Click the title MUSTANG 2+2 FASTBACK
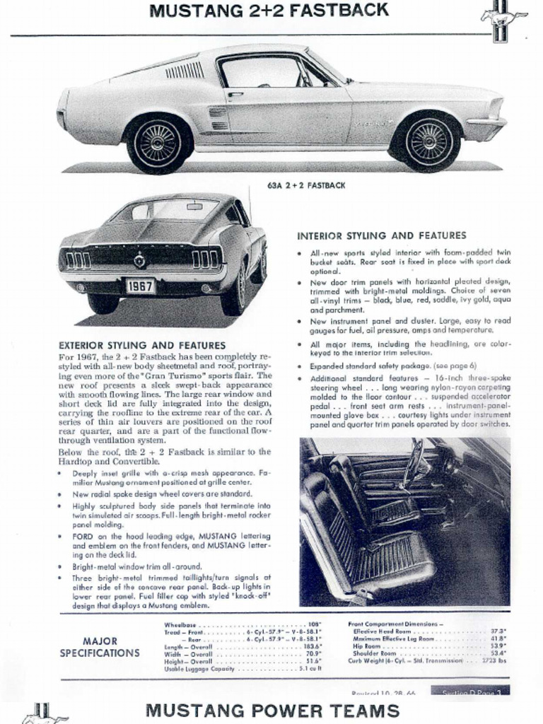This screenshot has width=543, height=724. (269, 11)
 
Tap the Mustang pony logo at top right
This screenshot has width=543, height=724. (503, 21)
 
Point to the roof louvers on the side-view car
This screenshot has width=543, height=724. (185, 70)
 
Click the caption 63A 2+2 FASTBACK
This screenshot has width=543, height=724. (306, 185)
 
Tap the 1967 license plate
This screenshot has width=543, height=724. (140, 286)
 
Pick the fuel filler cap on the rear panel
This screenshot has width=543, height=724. (140, 261)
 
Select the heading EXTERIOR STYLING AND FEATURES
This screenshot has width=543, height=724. (142, 346)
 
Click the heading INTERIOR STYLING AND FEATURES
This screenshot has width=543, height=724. (381, 235)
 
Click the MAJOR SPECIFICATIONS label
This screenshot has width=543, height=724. (100, 647)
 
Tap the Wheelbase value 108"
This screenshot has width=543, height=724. (315, 625)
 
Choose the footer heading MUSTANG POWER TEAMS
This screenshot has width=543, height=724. (272, 710)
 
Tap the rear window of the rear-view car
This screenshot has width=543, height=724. (167, 211)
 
